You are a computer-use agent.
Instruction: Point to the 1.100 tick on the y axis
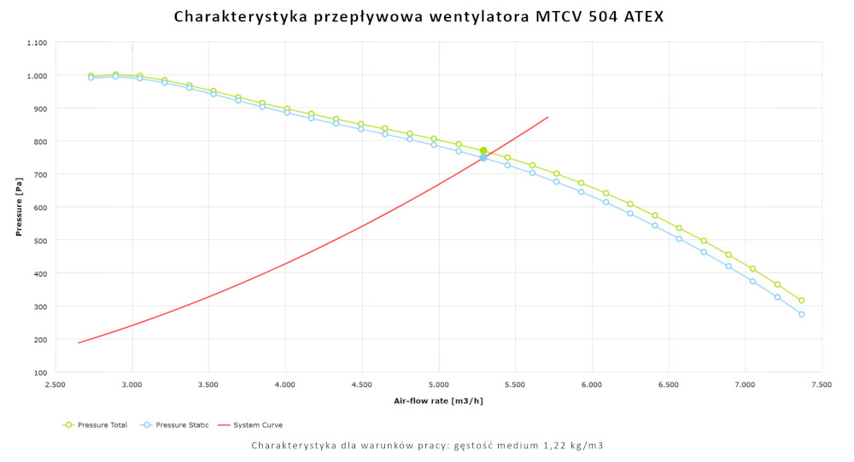point(37,42)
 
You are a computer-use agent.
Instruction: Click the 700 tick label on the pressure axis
point(41,174)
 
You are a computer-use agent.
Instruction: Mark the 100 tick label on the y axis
point(41,372)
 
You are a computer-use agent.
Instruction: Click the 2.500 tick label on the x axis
point(55,385)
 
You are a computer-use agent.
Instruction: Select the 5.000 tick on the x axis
point(439,385)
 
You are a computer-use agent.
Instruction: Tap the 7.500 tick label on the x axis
point(822,385)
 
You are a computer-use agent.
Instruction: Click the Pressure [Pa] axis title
point(19,208)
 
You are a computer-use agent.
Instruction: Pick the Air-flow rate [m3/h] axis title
point(438,401)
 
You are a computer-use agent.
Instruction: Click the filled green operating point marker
point(483,150)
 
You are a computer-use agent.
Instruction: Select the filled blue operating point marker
point(483,158)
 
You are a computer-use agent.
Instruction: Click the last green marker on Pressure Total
point(802,301)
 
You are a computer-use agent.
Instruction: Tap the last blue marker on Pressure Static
point(802,314)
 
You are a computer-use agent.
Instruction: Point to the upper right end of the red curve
point(547,117)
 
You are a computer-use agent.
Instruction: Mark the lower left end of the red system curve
point(79,343)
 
